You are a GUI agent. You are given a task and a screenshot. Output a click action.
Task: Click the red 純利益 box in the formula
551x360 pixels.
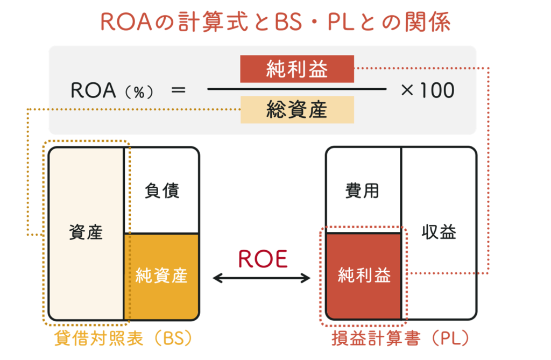[x=296, y=69]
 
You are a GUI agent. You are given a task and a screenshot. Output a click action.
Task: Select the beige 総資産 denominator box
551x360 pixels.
[x=296, y=110]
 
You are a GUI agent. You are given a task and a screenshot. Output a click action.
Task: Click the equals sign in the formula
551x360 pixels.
[x=178, y=90]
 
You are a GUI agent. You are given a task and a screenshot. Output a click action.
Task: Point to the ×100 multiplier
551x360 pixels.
[x=427, y=90]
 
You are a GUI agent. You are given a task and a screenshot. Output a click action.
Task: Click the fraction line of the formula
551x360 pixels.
[x=296, y=89]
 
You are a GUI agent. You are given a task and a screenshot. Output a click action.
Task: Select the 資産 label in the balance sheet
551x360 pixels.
[x=86, y=232]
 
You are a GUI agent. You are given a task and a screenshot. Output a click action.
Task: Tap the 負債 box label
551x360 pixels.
[x=161, y=190]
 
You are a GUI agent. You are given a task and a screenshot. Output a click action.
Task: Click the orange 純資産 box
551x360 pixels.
[x=161, y=276]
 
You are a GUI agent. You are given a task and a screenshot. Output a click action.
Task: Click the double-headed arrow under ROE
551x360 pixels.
[x=262, y=278]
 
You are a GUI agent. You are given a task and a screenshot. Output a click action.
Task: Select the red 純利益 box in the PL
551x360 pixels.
[x=364, y=276]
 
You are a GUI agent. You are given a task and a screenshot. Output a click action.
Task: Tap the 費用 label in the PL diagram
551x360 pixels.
[x=364, y=190]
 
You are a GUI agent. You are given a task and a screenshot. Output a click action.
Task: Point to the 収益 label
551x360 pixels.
[x=439, y=232]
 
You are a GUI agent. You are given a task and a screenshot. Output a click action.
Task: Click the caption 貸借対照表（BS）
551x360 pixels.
[x=123, y=339]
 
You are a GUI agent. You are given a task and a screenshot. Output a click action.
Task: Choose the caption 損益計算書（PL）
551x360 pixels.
[x=401, y=339]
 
